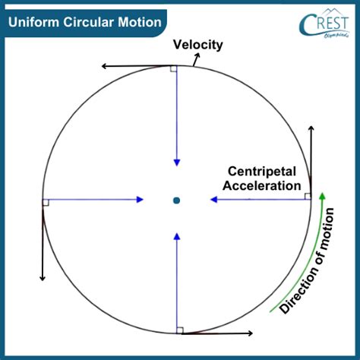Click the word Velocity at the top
coord(197,45)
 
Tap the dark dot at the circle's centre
coord(176,201)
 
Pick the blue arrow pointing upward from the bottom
coord(177,281)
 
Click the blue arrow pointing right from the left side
coord(95,200)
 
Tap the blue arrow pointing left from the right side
coord(258,200)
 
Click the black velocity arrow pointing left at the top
coord(137,68)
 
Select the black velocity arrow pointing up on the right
coord(311,159)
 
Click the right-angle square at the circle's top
coord(174,69)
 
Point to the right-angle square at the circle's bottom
coord(179,330)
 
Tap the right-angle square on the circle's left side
coord(46,202)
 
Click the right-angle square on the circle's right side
coord(308,197)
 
